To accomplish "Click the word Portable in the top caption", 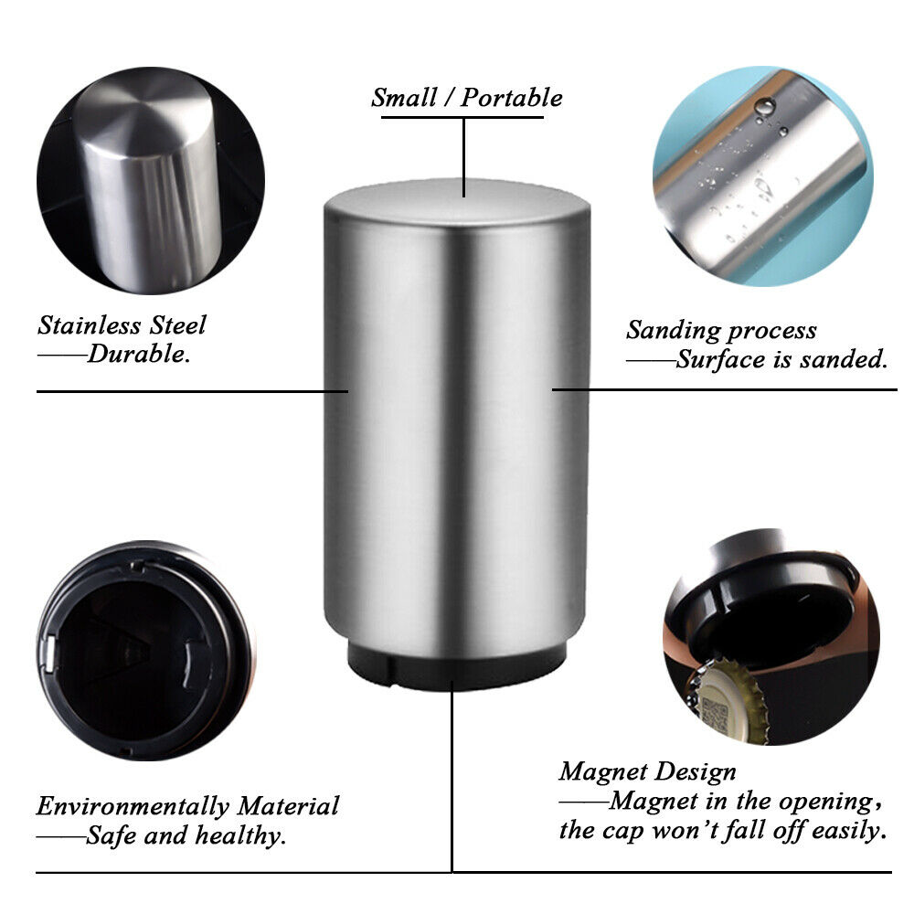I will point(512,98).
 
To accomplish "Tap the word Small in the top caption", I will point(408,98).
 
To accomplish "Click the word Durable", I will point(139,355).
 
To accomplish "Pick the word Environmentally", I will point(133,806).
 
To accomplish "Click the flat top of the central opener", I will point(457,201).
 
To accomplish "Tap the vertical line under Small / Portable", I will point(464,155).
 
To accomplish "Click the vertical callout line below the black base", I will point(452,777).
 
